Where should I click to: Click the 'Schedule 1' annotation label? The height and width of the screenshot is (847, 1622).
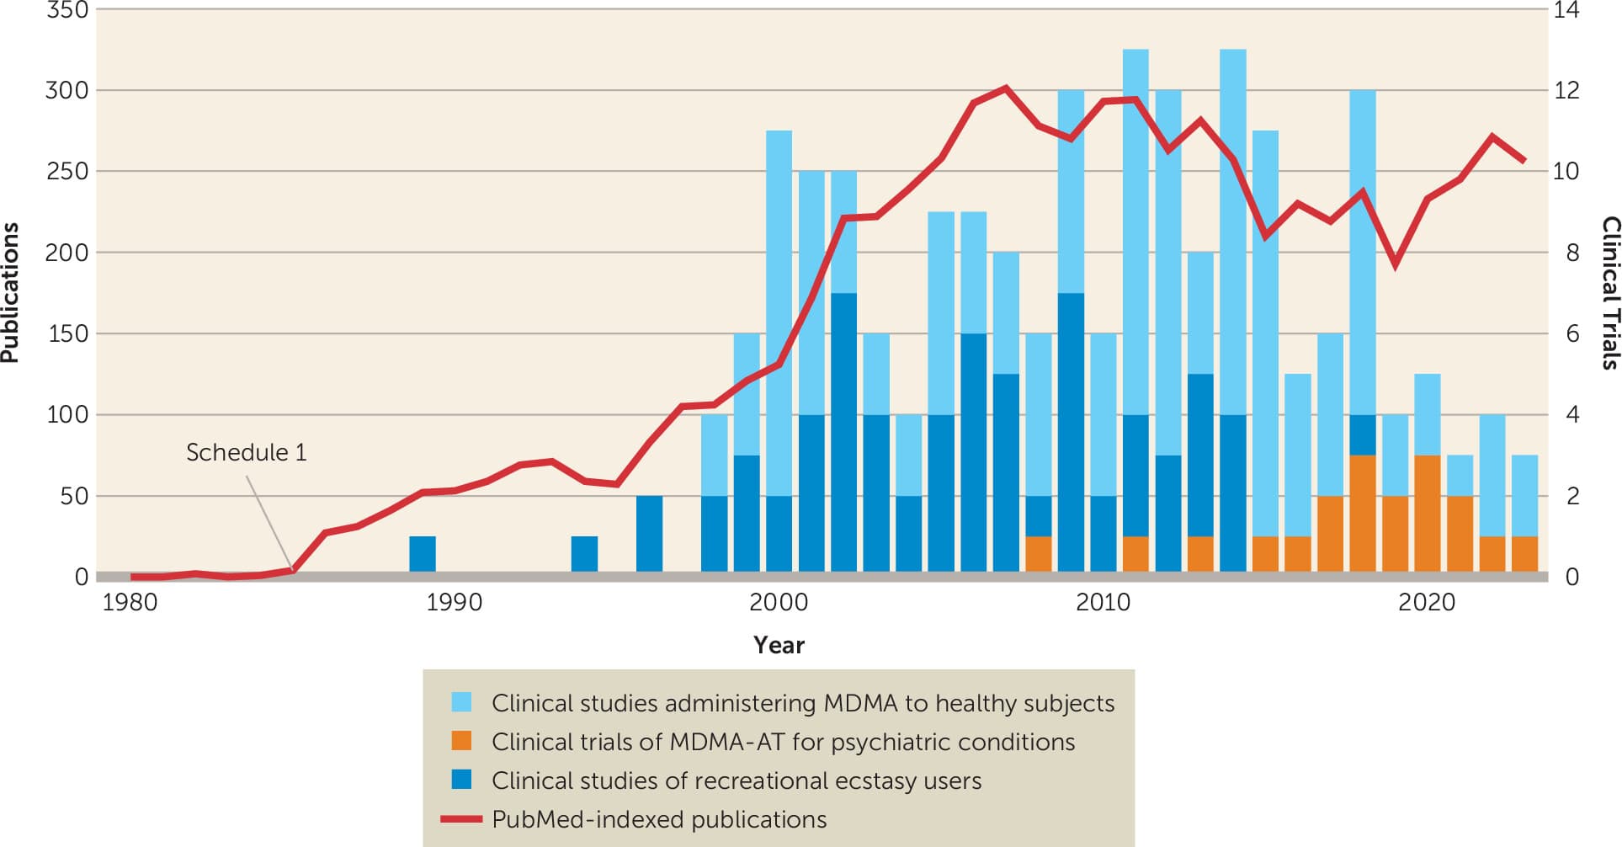(x=246, y=453)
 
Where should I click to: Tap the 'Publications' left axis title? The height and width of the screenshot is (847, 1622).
(x=10, y=293)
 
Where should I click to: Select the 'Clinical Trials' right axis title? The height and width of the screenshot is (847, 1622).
(x=1609, y=293)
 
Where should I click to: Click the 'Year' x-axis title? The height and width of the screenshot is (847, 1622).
(x=779, y=645)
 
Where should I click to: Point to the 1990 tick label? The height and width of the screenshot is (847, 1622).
(x=454, y=603)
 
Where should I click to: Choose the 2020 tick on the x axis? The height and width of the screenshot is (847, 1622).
(x=1427, y=603)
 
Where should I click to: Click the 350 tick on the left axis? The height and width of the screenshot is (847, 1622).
(x=67, y=10)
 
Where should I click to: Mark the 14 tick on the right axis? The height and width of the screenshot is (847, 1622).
(x=1566, y=10)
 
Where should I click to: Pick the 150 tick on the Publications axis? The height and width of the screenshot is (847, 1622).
(x=67, y=333)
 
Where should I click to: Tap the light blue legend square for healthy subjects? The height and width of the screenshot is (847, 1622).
(x=461, y=702)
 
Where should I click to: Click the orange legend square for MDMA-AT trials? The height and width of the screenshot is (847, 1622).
(x=461, y=741)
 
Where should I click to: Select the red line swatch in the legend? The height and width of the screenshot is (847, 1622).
(x=461, y=818)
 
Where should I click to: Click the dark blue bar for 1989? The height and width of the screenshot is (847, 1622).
(x=423, y=554)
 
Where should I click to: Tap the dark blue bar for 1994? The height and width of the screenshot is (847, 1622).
(x=584, y=554)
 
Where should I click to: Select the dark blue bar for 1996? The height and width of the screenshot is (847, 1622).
(x=649, y=534)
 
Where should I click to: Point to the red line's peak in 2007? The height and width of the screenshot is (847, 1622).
(x=1006, y=88)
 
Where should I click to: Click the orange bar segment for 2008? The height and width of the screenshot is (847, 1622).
(x=1039, y=554)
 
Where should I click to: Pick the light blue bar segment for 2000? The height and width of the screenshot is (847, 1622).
(x=779, y=312)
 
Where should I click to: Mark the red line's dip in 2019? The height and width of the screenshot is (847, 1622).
(x=1396, y=264)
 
